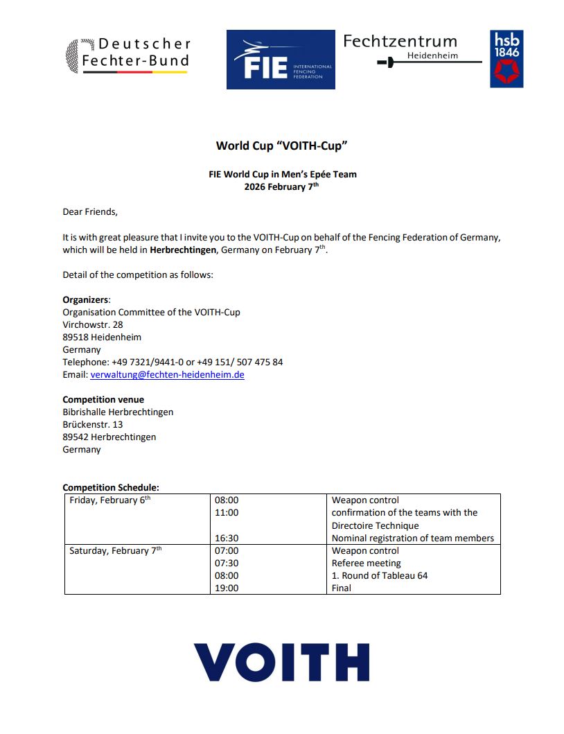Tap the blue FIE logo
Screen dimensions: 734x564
coord(281,60)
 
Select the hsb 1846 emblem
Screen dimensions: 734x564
coord(506,59)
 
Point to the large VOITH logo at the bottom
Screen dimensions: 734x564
coord(281,662)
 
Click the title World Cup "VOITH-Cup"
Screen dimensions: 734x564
coord(281,146)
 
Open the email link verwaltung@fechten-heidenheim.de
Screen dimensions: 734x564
coord(167,375)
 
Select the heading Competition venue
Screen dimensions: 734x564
coord(103,399)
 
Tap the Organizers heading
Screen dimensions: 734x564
coord(86,299)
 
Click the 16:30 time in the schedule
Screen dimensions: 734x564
coord(227,538)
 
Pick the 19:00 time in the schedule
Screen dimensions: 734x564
coord(227,588)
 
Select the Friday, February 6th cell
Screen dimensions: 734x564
coord(109,500)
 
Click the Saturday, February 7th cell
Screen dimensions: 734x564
coord(115,551)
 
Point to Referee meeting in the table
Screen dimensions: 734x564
coord(366,563)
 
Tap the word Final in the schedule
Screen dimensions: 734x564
coord(342,588)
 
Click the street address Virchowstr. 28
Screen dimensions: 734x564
coord(93,324)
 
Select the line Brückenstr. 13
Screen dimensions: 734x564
coord(93,424)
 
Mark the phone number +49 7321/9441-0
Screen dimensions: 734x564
coord(147,362)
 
